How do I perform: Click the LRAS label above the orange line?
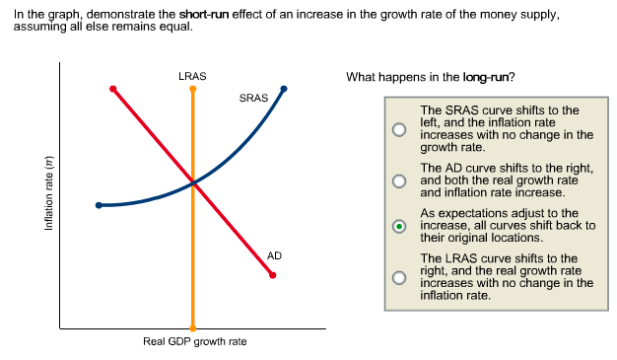[x=192, y=75]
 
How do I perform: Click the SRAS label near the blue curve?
[x=253, y=99]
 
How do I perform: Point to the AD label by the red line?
[x=274, y=255]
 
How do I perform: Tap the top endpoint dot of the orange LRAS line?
[x=193, y=89]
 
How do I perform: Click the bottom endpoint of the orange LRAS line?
[x=193, y=327]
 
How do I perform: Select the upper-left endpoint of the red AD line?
[x=113, y=89]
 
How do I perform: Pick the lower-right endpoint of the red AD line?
[x=273, y=274]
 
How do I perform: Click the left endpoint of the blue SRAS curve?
[x=99, y=205]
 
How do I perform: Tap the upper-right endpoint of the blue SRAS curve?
[x=284, y=89]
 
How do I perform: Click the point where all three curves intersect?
[x=193, y=182]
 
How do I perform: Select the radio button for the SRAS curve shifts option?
[x=398, y=129]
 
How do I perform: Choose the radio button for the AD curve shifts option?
[x=398, y=181]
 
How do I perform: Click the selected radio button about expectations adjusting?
[x=398, y=225]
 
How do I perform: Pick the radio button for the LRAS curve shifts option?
[x=398, y=277]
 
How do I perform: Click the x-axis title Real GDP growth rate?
[x=194, y=342]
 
